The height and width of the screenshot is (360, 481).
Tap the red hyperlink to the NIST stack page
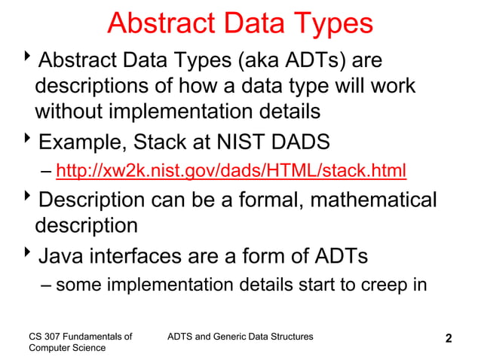coord(231,172)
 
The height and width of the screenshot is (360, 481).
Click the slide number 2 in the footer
coord(449,339)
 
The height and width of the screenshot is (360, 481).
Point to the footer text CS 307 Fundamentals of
coord(80,335)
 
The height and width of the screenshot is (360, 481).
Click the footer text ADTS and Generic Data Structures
coord(239,335)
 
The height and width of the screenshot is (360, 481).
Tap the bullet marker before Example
coord(28,140)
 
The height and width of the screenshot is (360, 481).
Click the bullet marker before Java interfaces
coord(28,256)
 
